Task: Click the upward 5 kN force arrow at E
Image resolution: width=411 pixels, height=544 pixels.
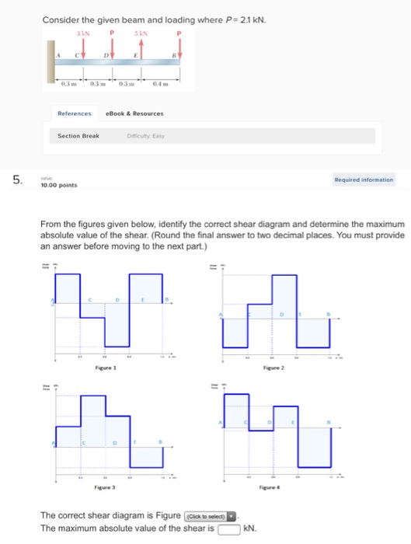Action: tap(141, 47)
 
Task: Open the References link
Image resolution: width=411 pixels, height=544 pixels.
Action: tap(75, 113)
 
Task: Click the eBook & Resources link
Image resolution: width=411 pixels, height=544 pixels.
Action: tap(134, 113)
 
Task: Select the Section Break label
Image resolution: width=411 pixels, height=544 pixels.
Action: tap(78, 135)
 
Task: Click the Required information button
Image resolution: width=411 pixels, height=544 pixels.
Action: tap(364, 180)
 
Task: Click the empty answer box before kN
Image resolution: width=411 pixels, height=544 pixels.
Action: tap(228, 529)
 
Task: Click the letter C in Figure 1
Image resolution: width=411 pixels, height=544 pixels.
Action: tap(89, 299)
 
